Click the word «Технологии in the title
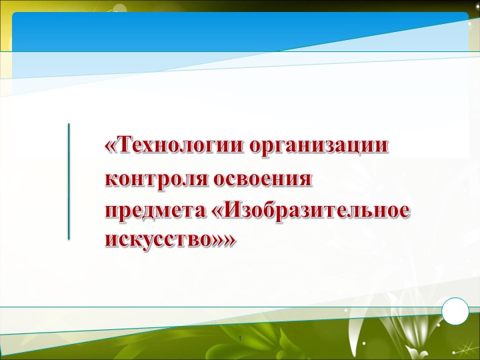174,145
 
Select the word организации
319,145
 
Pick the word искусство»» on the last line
170,239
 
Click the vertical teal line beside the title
69,181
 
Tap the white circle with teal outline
456,311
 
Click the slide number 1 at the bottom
244,342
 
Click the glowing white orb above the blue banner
119,8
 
